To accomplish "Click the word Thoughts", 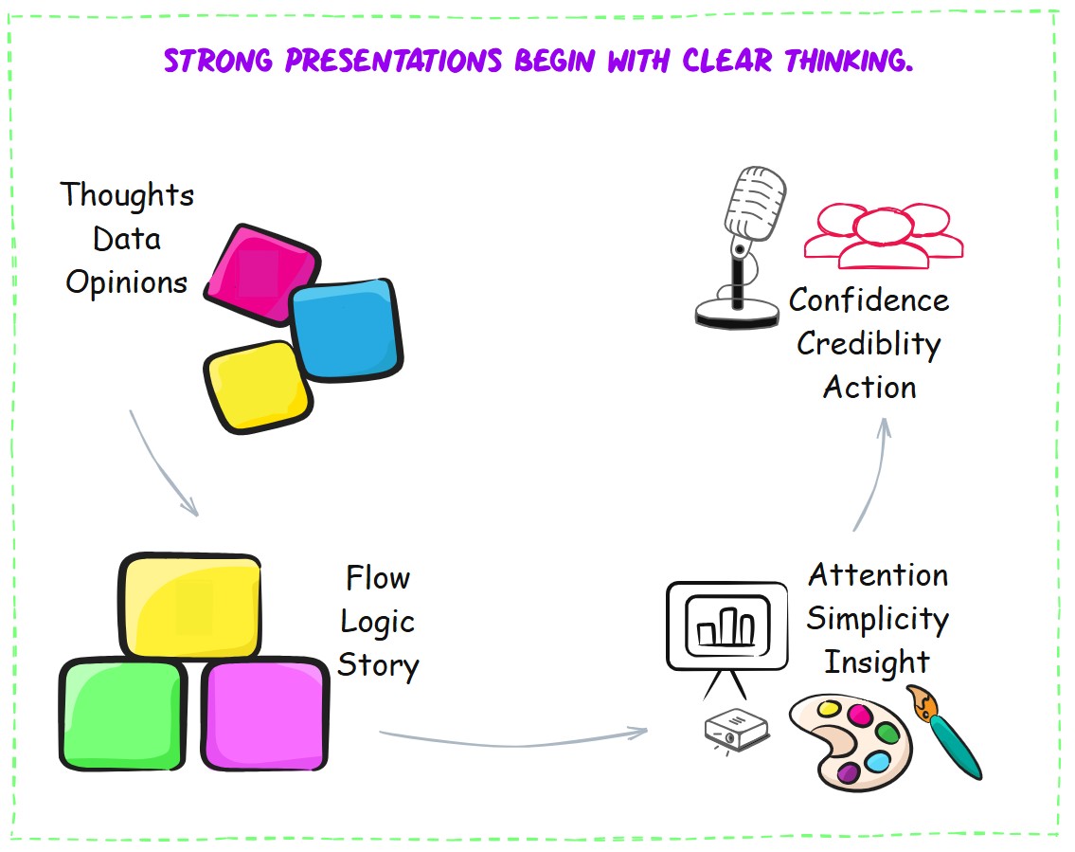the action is [127, 195].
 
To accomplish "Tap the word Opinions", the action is [127, 282].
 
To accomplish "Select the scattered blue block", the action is [346, 329].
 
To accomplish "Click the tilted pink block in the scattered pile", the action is [261, 274].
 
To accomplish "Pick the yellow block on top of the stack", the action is [190, 606].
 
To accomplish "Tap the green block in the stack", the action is [123, 714].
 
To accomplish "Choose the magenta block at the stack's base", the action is [264, 714].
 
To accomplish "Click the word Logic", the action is [378, 623].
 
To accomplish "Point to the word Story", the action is [379, 666].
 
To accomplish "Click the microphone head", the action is [756, 203].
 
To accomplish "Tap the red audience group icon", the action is [884, 235].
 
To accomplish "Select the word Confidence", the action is [869, 300].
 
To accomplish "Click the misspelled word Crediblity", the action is [869, 344].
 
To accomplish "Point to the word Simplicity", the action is [878, 620].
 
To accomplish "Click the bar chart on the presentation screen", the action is [726, 627].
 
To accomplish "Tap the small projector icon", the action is [737, 729].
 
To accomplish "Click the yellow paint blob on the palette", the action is [829, 708].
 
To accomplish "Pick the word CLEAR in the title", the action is [727, 61].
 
